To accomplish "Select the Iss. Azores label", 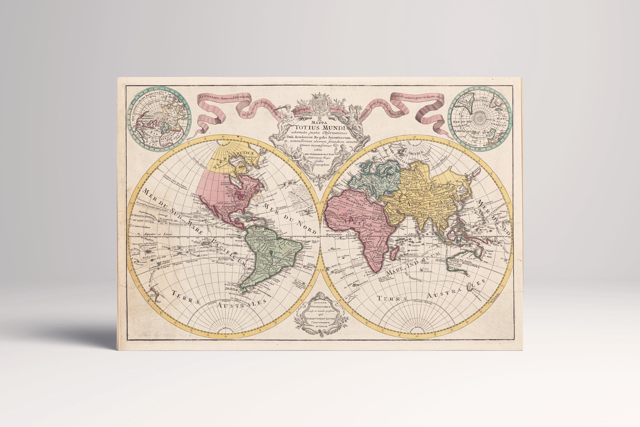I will (288, 181).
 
